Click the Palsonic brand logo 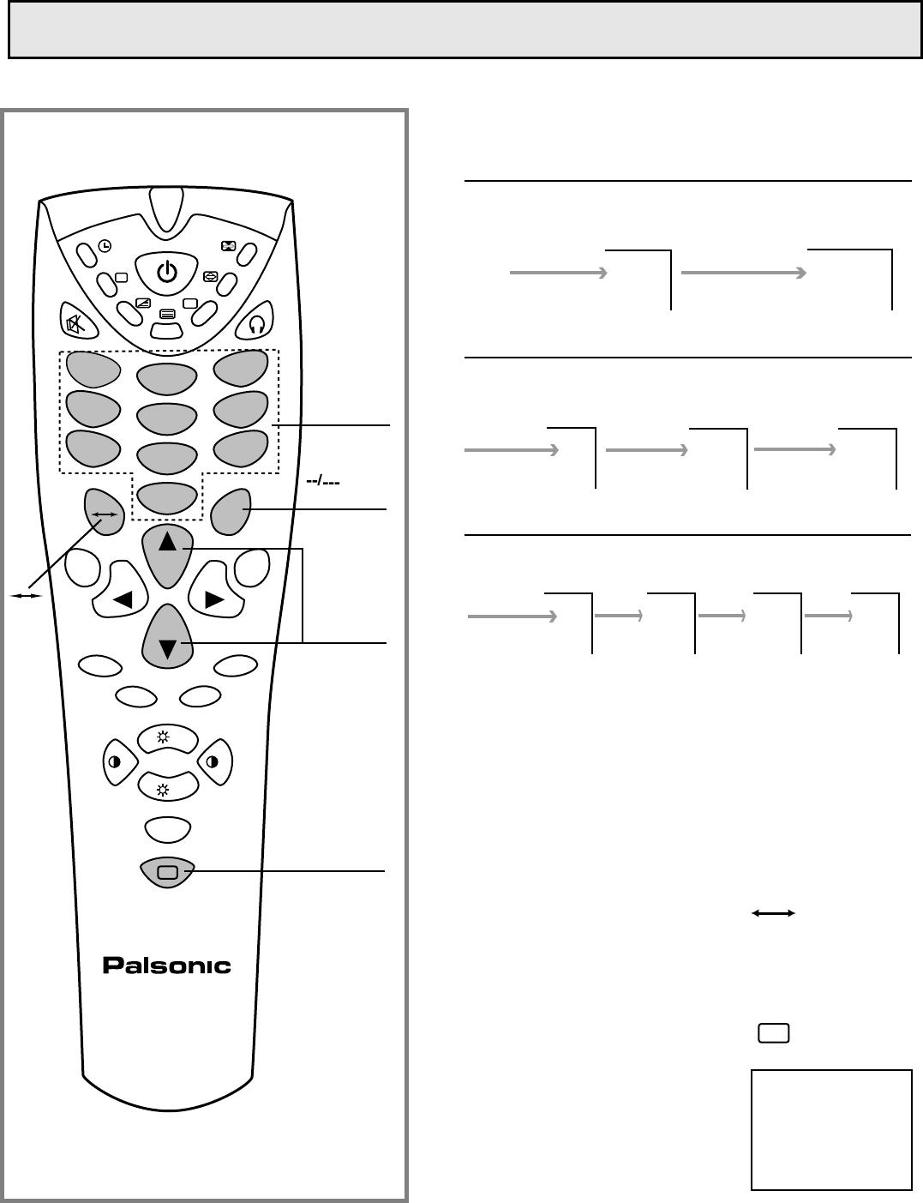click(167, 965)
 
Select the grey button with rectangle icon click(167, 872)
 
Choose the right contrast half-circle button click(214, 761)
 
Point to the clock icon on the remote click(104, 246)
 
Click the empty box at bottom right click(830, 1128)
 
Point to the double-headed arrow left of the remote click(25, 595)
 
